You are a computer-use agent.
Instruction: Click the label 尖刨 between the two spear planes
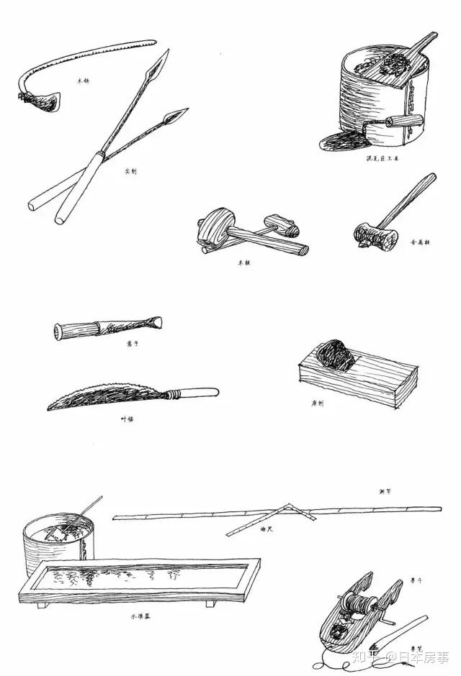coord(130,170)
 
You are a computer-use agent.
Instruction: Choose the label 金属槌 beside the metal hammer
coord(421,242)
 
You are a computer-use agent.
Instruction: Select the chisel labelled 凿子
coord(108,328)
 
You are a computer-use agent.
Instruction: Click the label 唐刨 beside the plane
coord(317,403)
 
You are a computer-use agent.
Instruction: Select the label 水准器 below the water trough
coord(141,616)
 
